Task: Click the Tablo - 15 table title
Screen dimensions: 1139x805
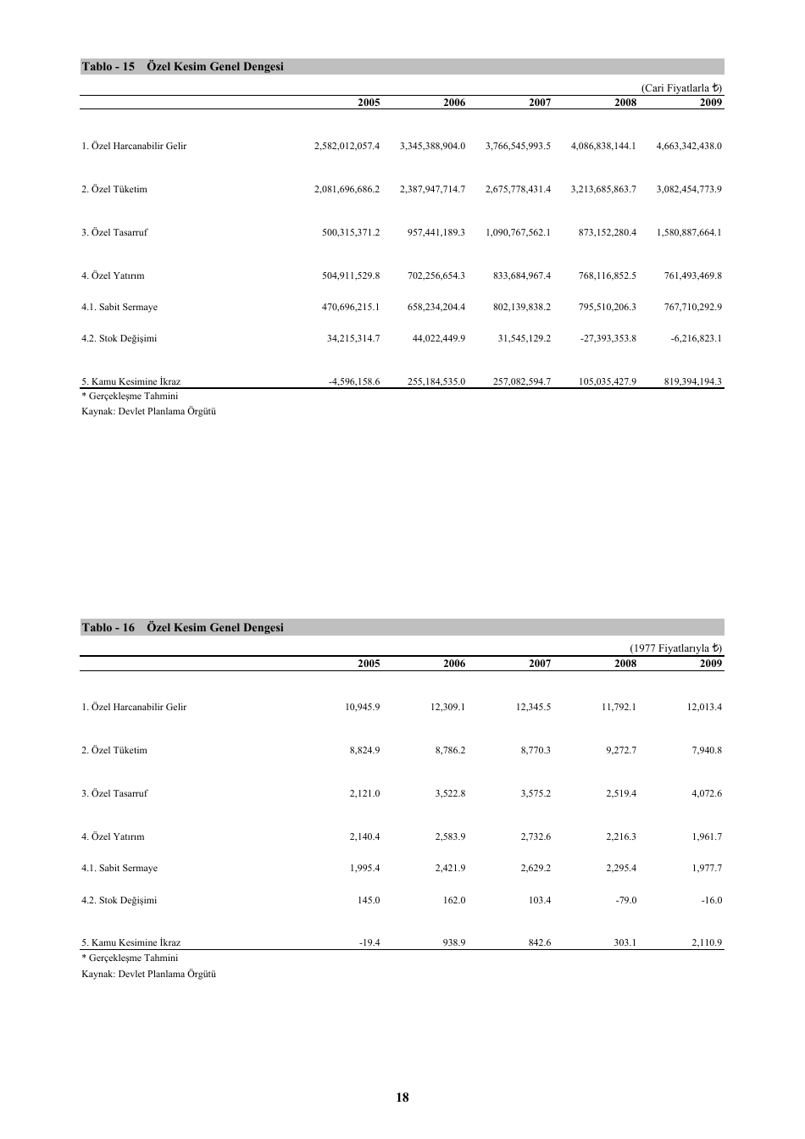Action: [182, 67]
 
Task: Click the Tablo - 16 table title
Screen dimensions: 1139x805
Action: [182, 628]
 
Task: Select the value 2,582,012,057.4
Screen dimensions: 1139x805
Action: [347, 147]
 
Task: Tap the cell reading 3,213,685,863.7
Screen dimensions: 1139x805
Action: [603, 190]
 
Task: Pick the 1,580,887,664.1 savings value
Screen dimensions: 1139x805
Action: [689, 232]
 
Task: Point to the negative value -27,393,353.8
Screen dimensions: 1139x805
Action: [608, 339]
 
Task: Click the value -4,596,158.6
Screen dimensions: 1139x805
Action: [354, 382]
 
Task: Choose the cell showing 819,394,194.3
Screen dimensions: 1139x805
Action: [693, 382]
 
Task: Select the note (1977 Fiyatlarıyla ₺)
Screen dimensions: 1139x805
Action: [676, 648]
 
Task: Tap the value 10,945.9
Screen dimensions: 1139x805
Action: [363, 708]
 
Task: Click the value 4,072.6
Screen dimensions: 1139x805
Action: [707, 794]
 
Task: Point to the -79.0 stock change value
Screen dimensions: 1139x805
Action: [625, 901]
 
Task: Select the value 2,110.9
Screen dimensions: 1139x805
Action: [707, 943]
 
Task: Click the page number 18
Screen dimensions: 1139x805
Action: [402, 1097]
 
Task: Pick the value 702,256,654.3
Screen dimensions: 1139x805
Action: [436, 275]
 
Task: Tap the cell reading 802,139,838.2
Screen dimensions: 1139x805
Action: [522, 308]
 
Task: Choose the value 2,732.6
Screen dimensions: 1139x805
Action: [535, 837]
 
